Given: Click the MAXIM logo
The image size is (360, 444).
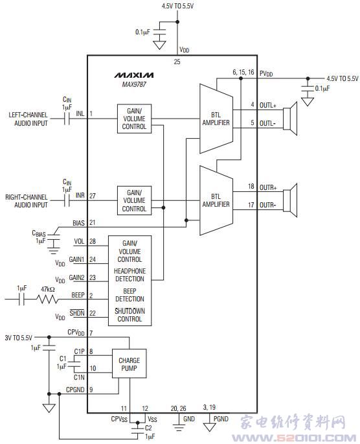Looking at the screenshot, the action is pos(134,75).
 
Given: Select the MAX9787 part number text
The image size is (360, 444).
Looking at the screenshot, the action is pos(134,84).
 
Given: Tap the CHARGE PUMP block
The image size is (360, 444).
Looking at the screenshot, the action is pos(129,364).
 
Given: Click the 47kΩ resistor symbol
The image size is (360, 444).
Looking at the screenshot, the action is pos(48,299).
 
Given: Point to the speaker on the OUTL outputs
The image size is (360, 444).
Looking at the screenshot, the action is pos(290,119).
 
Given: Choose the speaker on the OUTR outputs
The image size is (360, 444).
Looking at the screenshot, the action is pos(290,200).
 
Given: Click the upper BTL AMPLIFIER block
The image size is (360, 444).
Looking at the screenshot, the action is pos(216,119).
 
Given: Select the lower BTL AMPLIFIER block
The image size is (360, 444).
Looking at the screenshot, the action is pos(216,200).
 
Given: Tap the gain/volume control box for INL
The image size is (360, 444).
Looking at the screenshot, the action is pos(134,119).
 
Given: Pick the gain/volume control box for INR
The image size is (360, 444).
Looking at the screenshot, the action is pos(134,200).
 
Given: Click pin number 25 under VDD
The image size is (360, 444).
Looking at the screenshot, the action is pos(177,62).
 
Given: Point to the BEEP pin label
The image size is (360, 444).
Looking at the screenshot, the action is pos(78,295).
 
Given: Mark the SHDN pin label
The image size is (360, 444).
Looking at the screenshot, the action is pos(77,313).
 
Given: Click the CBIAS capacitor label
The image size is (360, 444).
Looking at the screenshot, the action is pos(39,234).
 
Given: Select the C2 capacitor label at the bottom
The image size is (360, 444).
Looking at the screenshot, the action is pos(148,428).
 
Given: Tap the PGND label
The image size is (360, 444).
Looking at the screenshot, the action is pos(221,419).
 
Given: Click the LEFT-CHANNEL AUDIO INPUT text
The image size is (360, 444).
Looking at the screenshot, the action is pos(28,119).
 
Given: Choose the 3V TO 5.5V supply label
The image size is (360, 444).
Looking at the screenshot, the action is pos(18,338).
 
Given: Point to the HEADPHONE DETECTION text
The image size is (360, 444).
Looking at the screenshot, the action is pos(129,275).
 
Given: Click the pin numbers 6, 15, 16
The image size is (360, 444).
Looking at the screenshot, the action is pos(243,72).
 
